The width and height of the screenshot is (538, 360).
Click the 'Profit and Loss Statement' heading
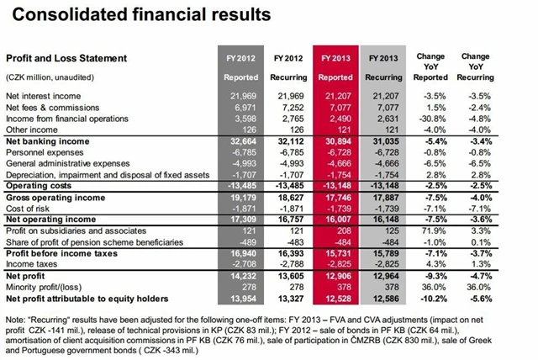pyautogui.click(x=66, y=58)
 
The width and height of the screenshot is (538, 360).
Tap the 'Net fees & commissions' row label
pyautogui.click(x=50, y=108)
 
